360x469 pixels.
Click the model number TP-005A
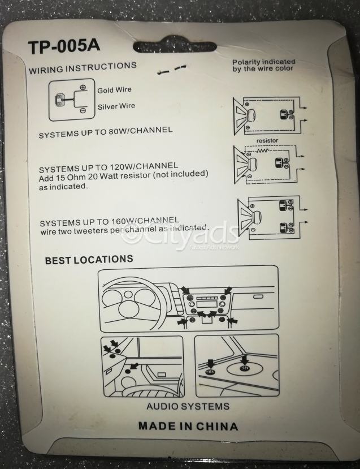[x=64, y=46]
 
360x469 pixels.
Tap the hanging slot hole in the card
[x=175, y=46]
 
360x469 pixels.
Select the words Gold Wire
[x=114, y=90]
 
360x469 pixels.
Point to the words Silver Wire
[x=116, y=106]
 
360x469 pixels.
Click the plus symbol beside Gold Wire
[x=83, y=88]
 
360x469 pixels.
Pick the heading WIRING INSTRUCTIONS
[x=83, y=67]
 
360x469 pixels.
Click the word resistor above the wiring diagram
[x=267, y=140]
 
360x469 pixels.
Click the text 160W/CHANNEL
[x=145, y=221]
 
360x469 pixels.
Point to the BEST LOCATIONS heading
[x=89, y=260]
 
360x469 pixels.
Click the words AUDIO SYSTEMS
[x=188, y=406]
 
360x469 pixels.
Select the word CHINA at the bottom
[x=217, y=426]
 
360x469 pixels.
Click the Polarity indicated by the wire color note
[x=263, y=65]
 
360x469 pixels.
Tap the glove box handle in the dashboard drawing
[x=258, y=296]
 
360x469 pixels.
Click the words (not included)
[x=180, y=174]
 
